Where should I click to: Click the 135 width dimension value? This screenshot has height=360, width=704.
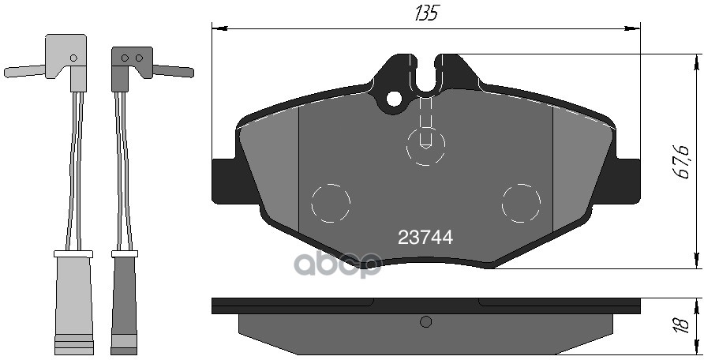click(425, 13)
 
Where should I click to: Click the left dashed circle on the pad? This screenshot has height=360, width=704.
click(331, 203)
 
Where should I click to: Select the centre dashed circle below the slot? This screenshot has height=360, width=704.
click(426, 146)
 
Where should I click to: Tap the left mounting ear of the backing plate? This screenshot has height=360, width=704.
click(225, 181)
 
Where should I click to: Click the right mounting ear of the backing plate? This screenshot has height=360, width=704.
click(627, 181)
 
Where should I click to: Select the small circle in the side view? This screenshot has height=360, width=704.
click(426, 321)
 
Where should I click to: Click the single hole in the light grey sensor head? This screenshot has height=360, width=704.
click(73, 58)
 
